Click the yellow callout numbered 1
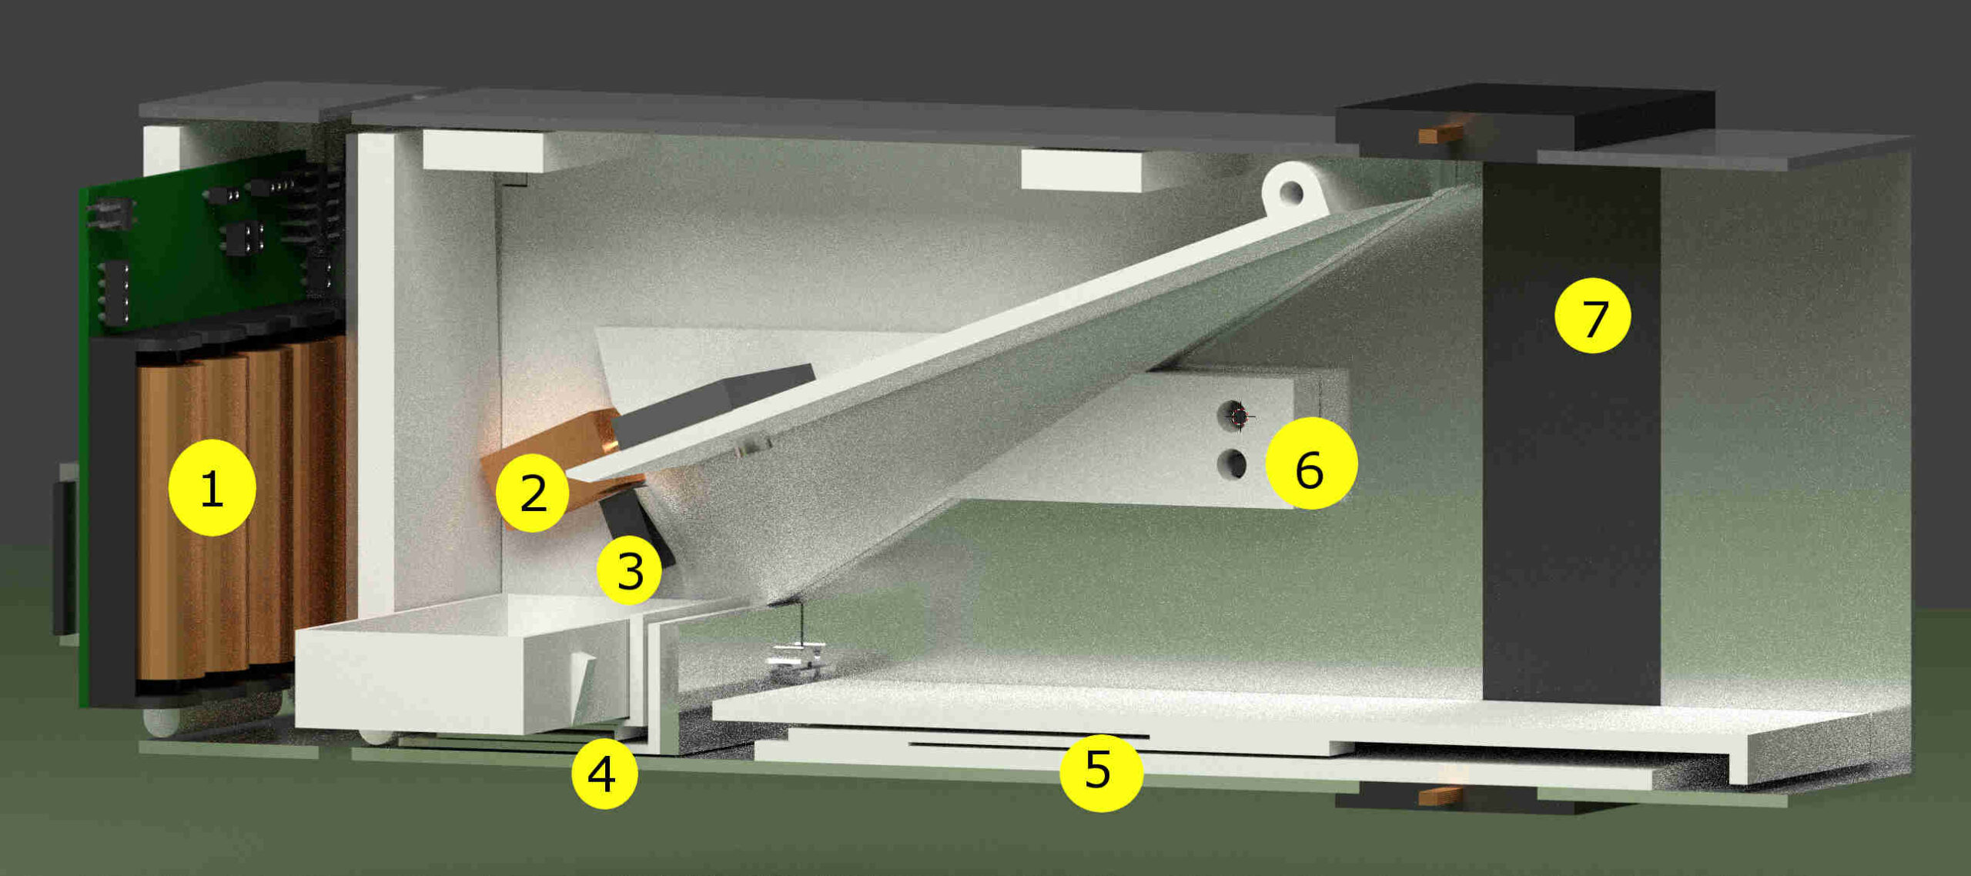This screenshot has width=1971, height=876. tap(212, 487)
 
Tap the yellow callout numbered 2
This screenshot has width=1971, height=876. tap(533, 493)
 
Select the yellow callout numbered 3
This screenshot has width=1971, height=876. tap(630, 570)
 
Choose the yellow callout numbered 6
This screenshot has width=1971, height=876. tap(1311, 463)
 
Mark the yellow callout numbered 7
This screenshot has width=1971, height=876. tap(1592, 316)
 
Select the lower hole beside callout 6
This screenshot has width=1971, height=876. tap(1233, 464)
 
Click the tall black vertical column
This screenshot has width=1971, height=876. tap(1571, 431)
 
